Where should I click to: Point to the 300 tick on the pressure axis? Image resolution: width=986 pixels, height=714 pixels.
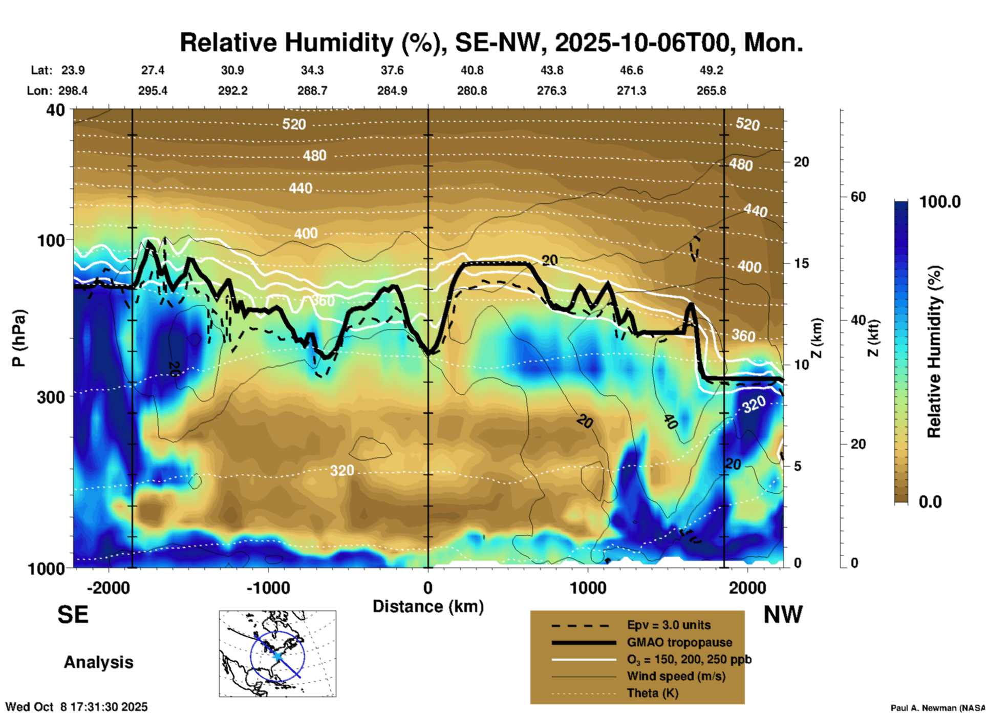pyautogui.click(x=51, y=397)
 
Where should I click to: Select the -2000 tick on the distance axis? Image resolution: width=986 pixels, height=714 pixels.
pyautogui.click(x=108, y=587)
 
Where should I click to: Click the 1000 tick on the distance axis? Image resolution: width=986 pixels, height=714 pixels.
pyautogui.click(x=588, y=587)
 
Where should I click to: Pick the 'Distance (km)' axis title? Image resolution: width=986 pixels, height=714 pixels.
pyautogui.click(x=428, y=606)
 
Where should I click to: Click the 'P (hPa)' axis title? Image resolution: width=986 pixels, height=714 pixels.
pyautogui.click(x=18, y=338)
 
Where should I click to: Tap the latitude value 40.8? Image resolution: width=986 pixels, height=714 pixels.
pyautogui.click(x=471, y=70)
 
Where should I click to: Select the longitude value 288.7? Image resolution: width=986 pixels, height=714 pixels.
pyautogui.click(x=312, y=91)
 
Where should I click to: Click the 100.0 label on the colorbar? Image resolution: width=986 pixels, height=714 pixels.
pyautogui.click(x=940, y=202)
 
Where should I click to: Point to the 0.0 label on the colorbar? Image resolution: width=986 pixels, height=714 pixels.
pyautogui.click(x=930, y=501)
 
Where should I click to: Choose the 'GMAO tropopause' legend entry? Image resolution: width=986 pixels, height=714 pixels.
pyautogui.click(x=679, y=642)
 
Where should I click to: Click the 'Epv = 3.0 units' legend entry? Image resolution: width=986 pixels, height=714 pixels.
pyautogui.click(x=669, y=625)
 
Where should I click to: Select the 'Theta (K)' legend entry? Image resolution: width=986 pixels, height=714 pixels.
pyautogui.click(x=652, y=693)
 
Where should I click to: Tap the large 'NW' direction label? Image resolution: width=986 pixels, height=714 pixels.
pyautogui.click(x=783, y=615)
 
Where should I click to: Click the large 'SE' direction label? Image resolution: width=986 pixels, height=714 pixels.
pyautogui.click(x=73, y=615)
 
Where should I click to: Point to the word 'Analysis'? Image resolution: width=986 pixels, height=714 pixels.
pyautogui.click(x=98, y=662)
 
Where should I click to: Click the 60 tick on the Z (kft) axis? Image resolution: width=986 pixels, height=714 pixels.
pyautogui.click(x=858, y=197)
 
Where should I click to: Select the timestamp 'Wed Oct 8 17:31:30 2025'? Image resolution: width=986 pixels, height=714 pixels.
pyautogui.click(x=77, y=707)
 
